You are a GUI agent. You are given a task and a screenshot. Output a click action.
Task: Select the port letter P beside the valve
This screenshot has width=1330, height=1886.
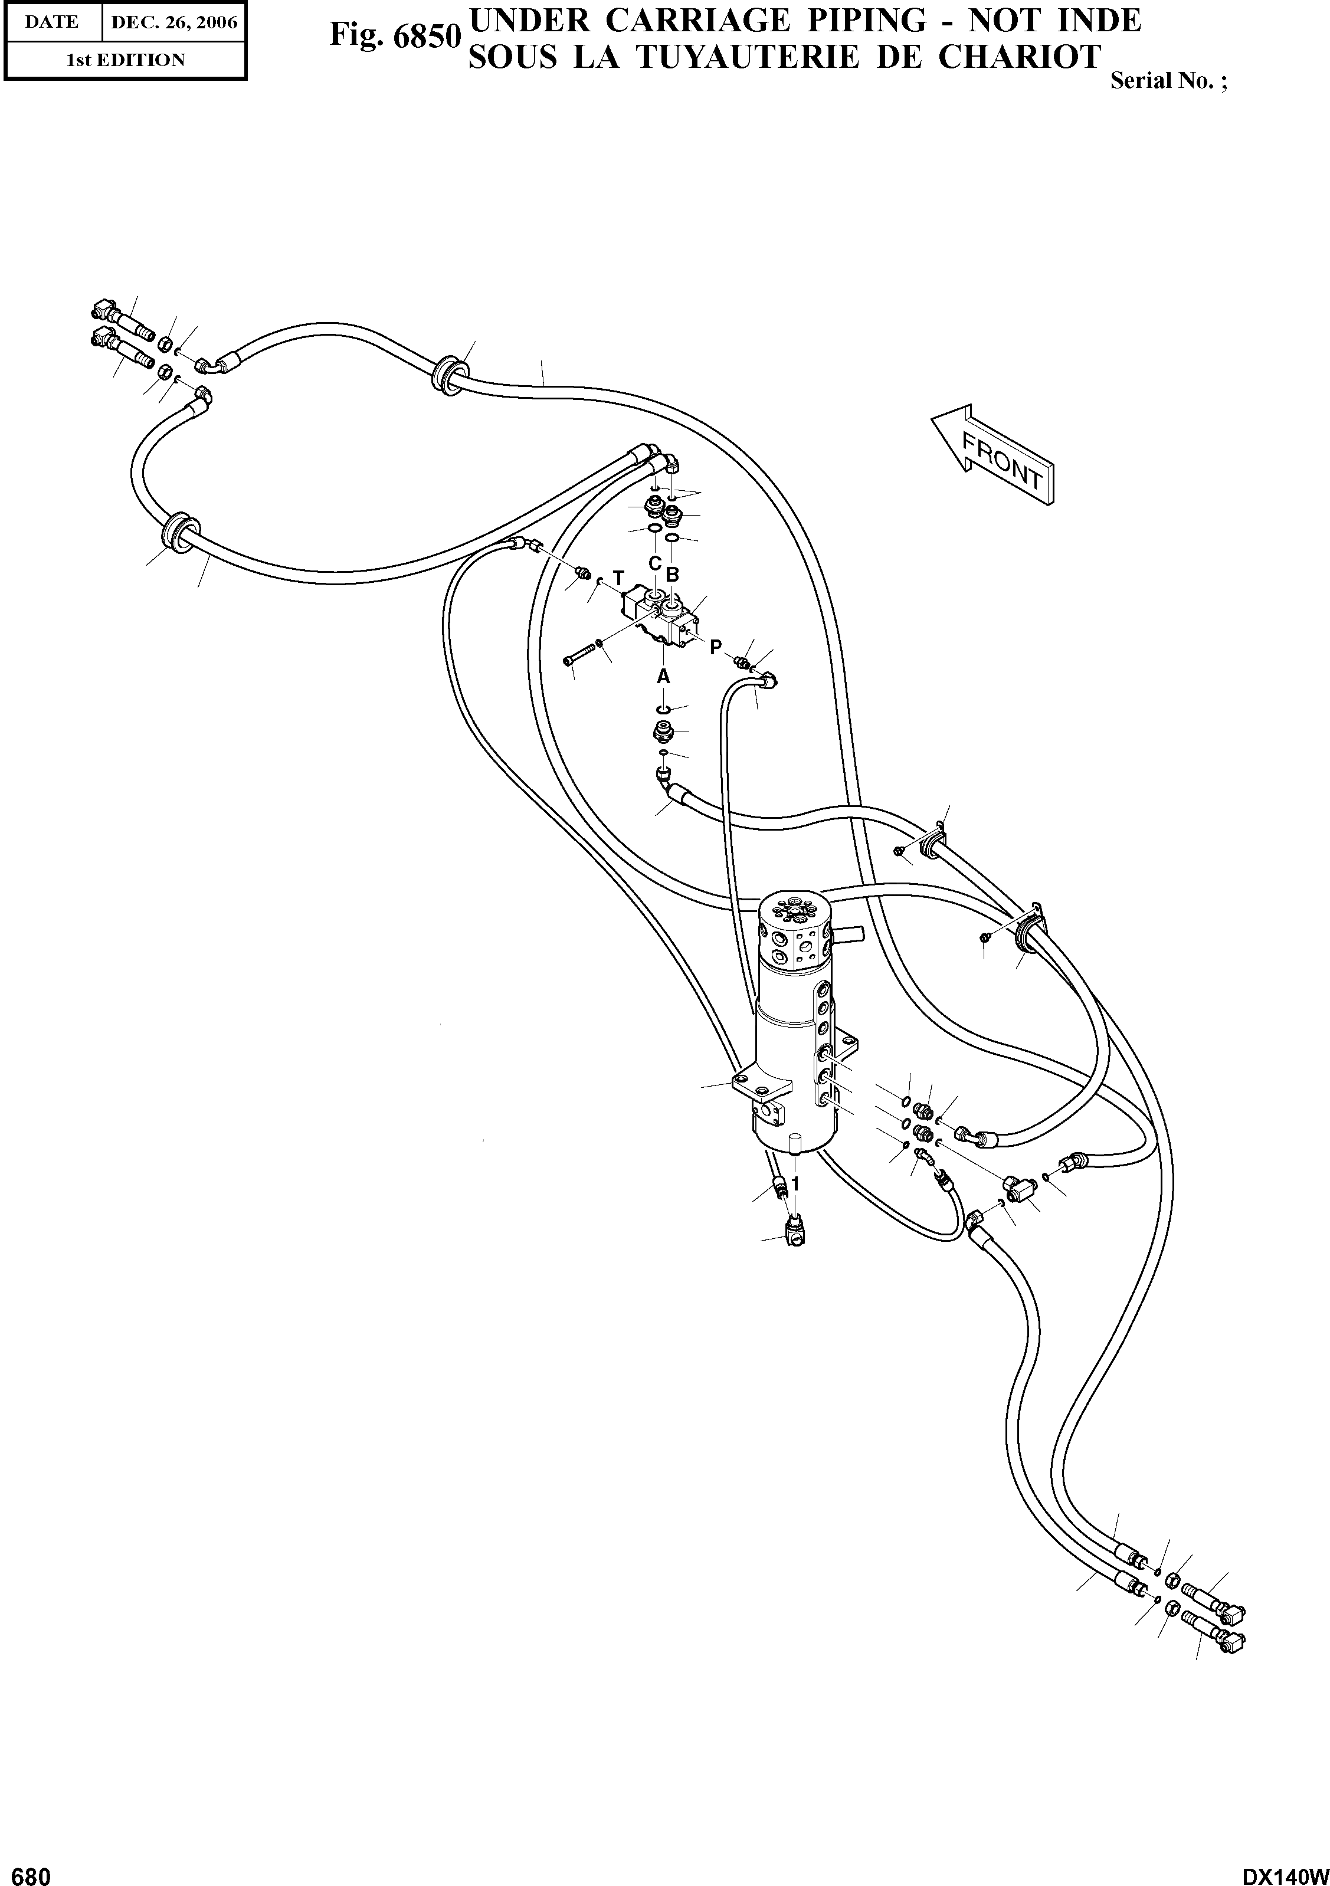click(716, 647)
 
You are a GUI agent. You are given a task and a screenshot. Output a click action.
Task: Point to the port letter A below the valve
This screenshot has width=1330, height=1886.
click(663, 676)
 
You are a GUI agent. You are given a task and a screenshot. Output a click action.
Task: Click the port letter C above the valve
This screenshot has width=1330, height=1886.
click(655, 563)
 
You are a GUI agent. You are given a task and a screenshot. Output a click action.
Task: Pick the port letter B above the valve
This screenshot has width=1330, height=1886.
click(672, 575)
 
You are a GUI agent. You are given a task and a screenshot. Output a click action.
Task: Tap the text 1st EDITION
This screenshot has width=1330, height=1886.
click(125, 60)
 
